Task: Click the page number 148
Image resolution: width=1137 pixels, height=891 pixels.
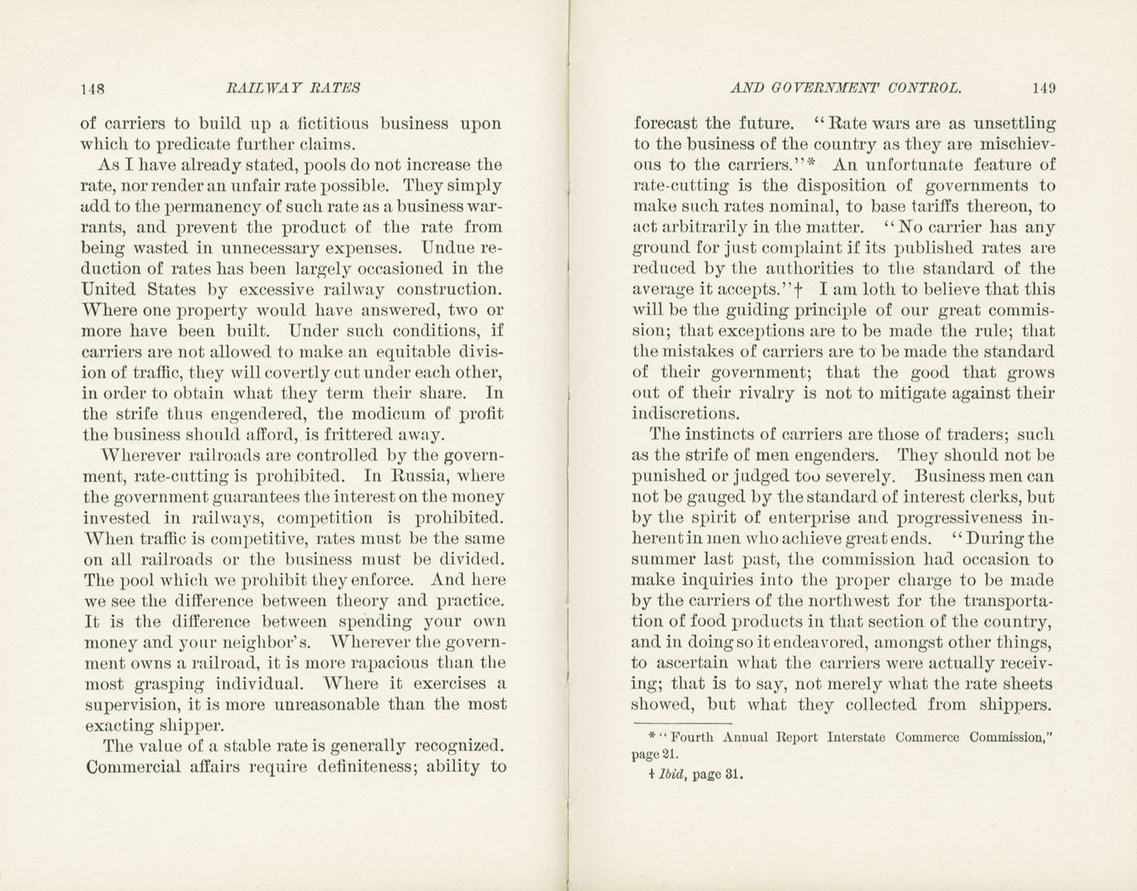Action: tap(93, 89)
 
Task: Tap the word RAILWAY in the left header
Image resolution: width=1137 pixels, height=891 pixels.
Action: tap(259, 88)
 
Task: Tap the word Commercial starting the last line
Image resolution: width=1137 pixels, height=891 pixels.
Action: tap(132, 767)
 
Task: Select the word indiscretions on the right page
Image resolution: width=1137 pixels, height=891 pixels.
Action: tap(685, 414)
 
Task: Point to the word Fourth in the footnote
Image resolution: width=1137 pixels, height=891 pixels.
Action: tap(693, 736)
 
